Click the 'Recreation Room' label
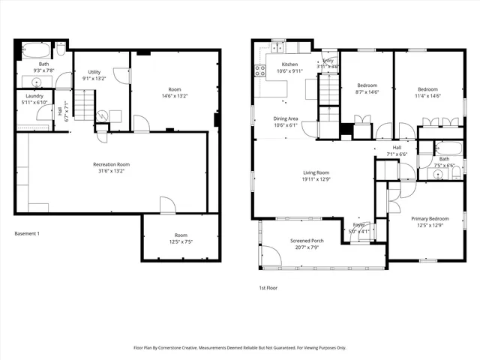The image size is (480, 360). point(111,164)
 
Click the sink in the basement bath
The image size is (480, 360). point(37,80)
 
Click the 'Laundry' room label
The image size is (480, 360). point(34,96)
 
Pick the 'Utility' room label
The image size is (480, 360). point(94,72)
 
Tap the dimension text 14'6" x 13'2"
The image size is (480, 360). point(174,96)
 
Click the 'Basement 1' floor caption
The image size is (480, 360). point(27,234)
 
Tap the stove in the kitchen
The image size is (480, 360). point(260,72)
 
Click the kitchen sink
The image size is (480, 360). point(276,49)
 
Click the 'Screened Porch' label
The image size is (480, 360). point(307,241)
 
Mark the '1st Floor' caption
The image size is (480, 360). point(268,287)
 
